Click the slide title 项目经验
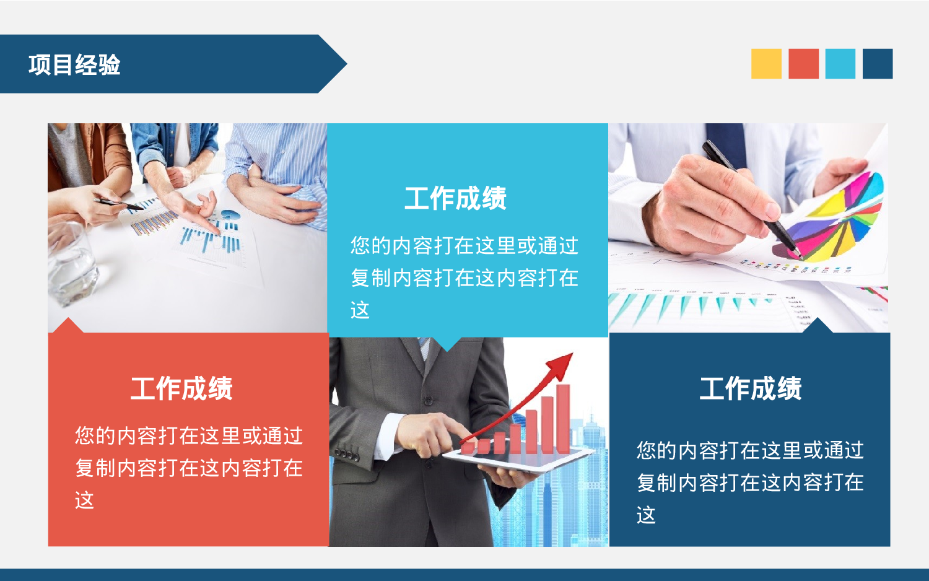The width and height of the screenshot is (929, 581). coord(74,64)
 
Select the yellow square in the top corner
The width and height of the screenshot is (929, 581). coord(766,64)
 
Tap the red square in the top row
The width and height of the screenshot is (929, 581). coord(803,64)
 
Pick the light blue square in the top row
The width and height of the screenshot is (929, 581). coord(840,64)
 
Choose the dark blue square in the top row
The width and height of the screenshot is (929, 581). coord(878,64)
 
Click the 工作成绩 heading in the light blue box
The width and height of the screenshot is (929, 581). coord(455,199)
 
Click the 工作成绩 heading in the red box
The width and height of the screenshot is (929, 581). coord(181,389)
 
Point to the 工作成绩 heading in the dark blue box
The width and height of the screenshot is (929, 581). coord(751,389)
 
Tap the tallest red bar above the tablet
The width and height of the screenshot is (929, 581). coord(562,418)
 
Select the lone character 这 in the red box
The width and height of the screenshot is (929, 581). coord(84,500)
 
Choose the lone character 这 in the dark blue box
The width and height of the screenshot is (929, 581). coord(646,515)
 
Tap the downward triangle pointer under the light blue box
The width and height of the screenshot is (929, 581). coord(447,344)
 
